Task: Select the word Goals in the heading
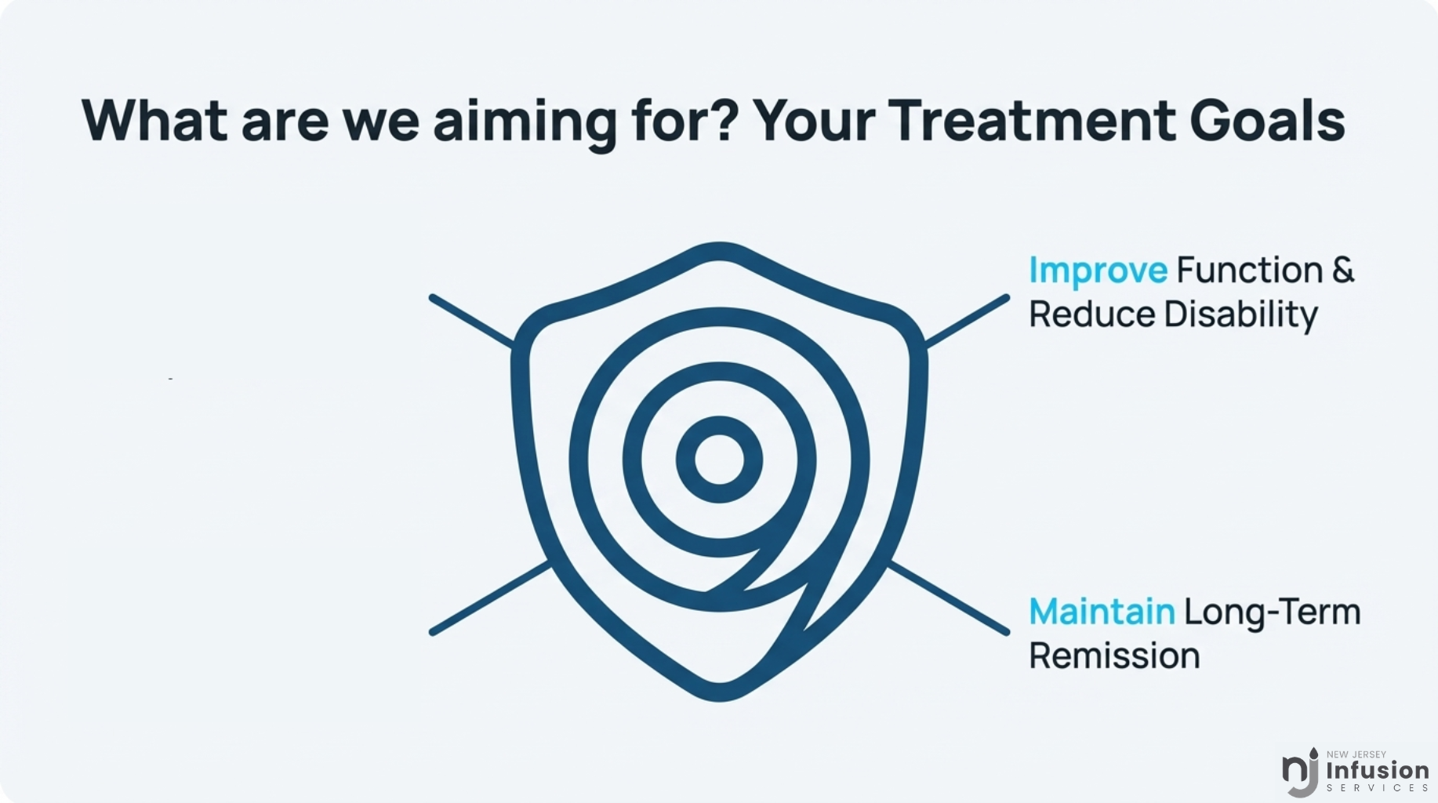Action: click(1268, 121)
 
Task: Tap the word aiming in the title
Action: click(525, 124)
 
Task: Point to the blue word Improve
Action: click(1098, 271)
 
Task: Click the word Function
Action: click(1250, 270)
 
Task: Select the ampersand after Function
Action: click(1343, 270)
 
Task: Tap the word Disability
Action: click(1240, 315)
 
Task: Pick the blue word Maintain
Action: click(1102, 612)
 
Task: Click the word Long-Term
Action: click(1272, 613)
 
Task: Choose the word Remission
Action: click(1114, 656)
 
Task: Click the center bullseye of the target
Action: click(719, 460)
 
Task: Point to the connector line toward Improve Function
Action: click(967, 321)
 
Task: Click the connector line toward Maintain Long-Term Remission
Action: click(949, 598)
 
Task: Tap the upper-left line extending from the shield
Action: click(472, 321)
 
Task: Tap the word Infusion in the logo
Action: click(1378, 770)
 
